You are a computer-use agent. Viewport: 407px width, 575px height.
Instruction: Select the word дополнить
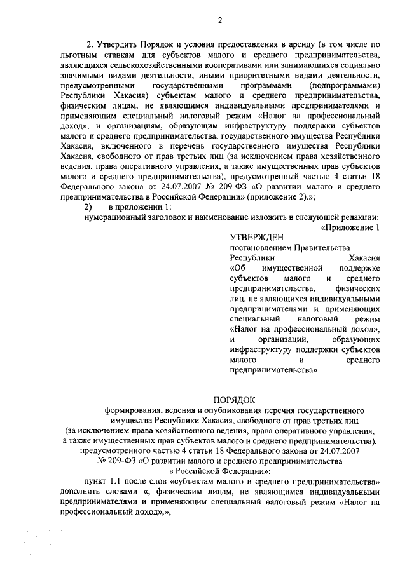79,491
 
